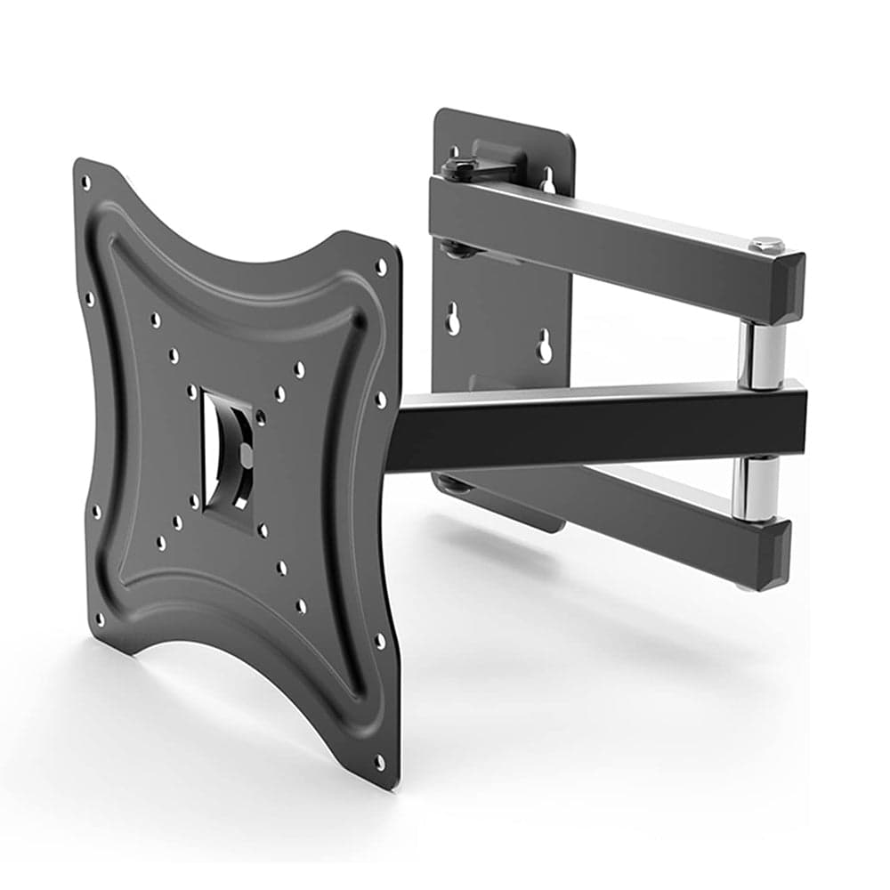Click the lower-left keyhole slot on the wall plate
coord(453,319)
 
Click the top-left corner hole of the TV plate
coord(85,182)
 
